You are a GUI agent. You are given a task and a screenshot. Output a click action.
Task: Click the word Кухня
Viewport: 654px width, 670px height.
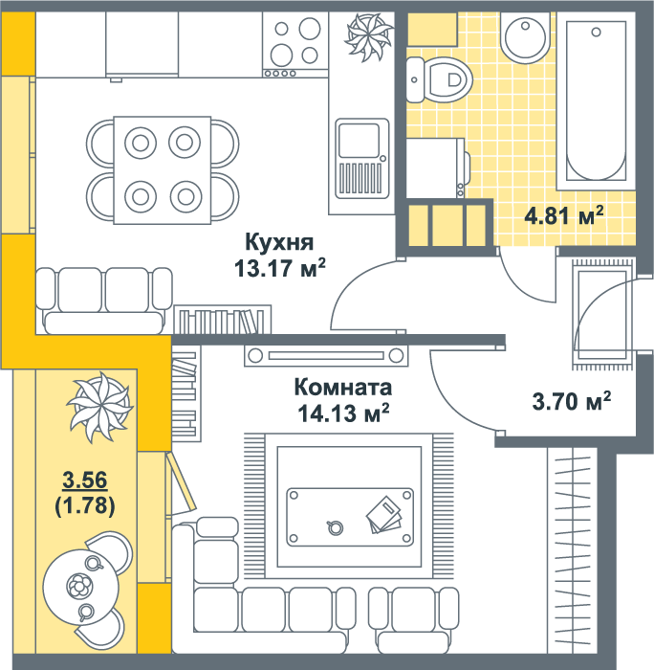coord(279,243)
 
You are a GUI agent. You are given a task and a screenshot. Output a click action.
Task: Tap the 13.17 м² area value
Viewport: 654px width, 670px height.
coord(279,268)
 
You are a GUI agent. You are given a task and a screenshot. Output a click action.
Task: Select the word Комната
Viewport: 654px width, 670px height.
coord(343,387)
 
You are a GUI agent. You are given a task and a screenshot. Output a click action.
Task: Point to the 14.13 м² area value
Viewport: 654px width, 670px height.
coord(343,413)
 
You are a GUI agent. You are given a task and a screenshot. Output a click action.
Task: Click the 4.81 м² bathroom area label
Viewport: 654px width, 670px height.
coord(564,215)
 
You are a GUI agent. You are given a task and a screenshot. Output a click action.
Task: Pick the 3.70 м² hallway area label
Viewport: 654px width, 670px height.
coord(571,401)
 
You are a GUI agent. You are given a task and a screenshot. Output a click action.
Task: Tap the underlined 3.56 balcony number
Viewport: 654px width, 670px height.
coord(84,480)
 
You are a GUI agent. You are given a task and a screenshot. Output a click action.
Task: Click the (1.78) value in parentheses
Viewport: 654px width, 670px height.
coord(85,505)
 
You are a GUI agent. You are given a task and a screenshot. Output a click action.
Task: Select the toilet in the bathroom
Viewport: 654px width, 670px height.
coord(439,79)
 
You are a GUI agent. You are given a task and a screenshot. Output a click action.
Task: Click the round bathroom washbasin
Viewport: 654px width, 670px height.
coord(525,37)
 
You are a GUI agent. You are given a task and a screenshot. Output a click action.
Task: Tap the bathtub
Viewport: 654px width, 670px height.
coord(596,100)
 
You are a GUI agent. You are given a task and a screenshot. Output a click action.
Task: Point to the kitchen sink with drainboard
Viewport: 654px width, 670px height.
coord(362,159)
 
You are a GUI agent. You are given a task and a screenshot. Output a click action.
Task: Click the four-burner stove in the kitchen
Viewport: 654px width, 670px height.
coord(295,44)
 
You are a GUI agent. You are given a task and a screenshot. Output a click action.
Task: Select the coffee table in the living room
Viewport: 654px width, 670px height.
coord(350,517)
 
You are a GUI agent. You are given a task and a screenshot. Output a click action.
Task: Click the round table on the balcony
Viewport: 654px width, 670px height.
coord(80,587)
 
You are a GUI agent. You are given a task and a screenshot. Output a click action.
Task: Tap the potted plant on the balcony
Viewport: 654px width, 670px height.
coord(100,407)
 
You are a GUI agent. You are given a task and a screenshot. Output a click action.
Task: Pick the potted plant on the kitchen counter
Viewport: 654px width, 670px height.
coord(368,37)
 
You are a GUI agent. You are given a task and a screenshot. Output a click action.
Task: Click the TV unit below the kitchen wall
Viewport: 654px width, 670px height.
coord(326,355)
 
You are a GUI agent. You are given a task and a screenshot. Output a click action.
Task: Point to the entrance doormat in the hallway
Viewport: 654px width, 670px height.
coord(602,314)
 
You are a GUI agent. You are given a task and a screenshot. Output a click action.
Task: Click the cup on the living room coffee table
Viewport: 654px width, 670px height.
coord(335,527)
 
